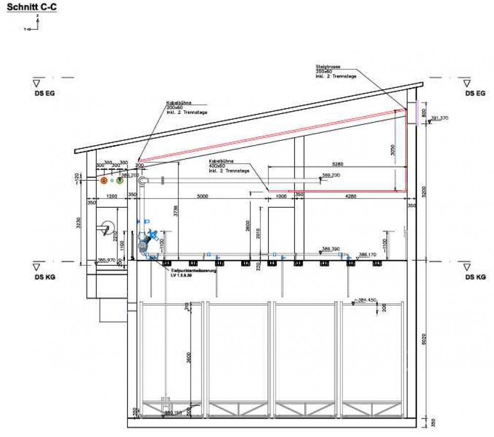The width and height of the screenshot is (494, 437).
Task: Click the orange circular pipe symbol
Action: pyautogui.click(x=104, y=181)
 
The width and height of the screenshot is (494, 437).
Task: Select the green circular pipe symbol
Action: pyautogui.click(x=119, y=181)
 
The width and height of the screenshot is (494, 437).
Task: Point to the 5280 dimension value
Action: pyautogui.click(x=337, y=164)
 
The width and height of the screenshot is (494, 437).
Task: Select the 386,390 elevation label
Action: pyautogui.click(x=330, y=249)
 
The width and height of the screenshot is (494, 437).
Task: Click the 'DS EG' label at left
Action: pyautogui.click(x=44, y=93)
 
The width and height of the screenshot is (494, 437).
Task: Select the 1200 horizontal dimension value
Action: pyautogui.click(x=112, y=196)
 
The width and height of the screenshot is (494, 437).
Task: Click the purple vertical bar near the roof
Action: pyautogui.click(x=417, y=113)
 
